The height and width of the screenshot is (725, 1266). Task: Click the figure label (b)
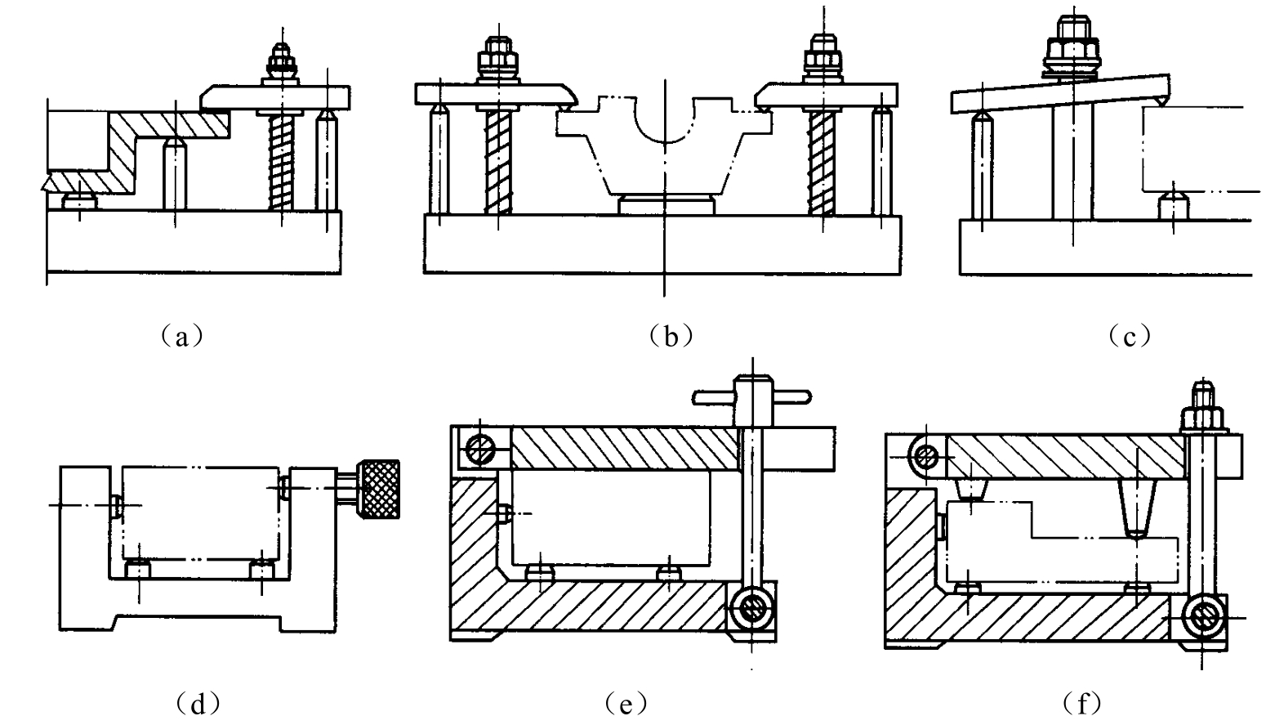[x=671, y=337]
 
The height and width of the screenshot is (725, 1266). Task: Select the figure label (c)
[x=1130, y=337]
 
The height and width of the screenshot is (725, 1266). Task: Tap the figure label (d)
[x=198, y=704]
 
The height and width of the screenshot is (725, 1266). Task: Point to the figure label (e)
[x=626, y=704]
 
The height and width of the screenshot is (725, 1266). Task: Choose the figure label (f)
[x=1081, y=704]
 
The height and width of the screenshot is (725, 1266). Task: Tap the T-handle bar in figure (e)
[x=751, y=397]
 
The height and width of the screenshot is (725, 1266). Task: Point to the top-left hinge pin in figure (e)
[x=479, y=450]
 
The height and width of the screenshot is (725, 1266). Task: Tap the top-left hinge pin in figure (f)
[x=926, y=456]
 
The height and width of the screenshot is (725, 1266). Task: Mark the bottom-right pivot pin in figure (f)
[x=1203, y=618]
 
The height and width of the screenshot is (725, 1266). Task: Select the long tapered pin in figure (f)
[x=1136, y=508]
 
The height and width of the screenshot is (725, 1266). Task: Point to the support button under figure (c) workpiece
[x=1174, y=208]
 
